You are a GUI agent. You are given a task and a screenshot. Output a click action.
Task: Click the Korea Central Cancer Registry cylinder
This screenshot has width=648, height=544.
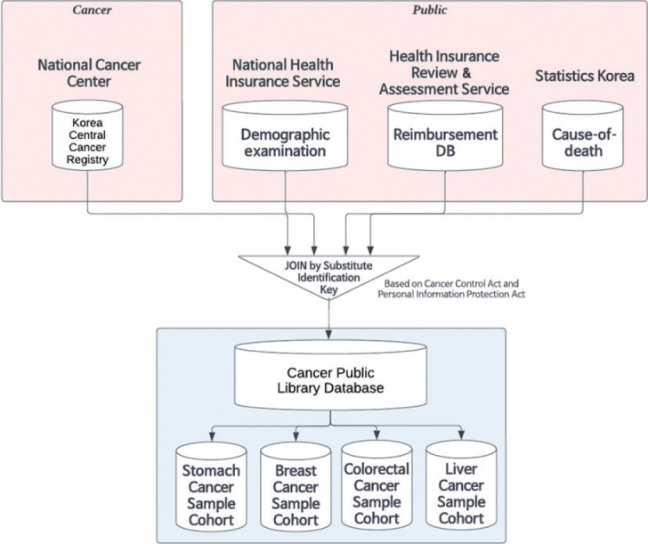tap(87, 135)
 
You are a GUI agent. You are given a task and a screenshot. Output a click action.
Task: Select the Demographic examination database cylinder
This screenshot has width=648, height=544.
tap(285, 136)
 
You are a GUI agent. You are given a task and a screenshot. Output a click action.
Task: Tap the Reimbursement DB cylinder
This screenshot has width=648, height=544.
tap(445, 136)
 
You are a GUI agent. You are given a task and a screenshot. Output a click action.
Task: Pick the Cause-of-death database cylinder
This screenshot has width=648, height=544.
tap(583, 136)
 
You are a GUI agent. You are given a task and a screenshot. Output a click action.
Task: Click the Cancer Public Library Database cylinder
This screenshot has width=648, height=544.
tap(330, 375)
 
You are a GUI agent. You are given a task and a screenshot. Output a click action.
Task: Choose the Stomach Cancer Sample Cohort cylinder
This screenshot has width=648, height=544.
tap(211, 486)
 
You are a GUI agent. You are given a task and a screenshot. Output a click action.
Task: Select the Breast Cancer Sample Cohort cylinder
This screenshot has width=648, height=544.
tap(296, 486)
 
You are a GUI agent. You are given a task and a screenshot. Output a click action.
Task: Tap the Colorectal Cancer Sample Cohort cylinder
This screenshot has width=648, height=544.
tap(377, 485)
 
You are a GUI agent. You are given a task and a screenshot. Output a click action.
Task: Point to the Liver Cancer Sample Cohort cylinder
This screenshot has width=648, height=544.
tap(461, 485)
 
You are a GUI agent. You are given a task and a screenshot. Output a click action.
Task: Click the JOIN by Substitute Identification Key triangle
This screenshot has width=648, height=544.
tap(329, 272)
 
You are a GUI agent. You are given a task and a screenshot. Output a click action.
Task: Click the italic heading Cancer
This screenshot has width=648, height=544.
tap(92, 10)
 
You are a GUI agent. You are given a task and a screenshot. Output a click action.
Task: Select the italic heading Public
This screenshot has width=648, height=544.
tap(429, 10)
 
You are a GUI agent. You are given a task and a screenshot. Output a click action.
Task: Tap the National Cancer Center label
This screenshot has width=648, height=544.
tap(89, 73)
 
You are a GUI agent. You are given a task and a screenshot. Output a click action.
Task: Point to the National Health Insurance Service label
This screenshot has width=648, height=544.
tap(283, 73)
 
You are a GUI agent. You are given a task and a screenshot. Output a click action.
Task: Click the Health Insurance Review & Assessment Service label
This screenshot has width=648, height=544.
tap(444, 73)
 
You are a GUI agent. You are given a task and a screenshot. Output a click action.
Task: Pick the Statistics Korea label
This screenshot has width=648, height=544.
tap(585, 76)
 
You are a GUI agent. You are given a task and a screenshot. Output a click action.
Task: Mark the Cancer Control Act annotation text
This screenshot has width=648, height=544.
tap(451, 289)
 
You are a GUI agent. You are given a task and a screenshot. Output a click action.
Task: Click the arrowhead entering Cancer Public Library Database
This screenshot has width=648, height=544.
tap(329, 334)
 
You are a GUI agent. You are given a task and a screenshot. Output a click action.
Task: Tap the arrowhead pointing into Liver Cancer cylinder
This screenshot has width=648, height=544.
tap(461, 435)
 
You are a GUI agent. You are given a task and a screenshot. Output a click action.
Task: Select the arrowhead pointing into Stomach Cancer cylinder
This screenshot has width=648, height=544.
tap(212, 436)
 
